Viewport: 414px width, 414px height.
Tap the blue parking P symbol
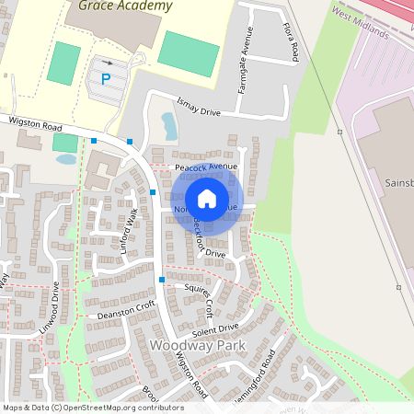[106, 79]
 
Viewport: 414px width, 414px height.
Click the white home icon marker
[207, 199]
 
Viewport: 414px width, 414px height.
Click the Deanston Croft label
[127, 310]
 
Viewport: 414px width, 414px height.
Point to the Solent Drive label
[216, 328]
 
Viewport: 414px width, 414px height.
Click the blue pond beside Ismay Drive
[168, 123]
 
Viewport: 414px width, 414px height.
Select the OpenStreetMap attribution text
[93, 408]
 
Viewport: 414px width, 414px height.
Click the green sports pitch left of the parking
[64, 63]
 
